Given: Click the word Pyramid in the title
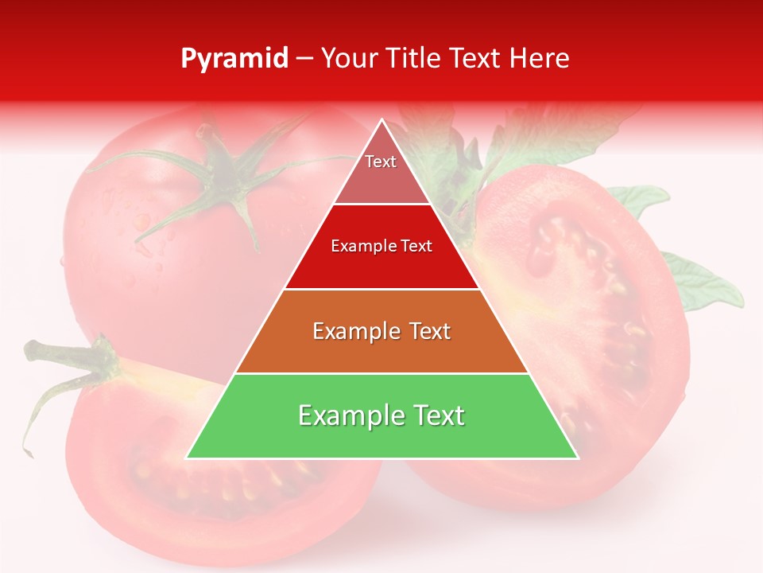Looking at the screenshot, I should coord(234,59).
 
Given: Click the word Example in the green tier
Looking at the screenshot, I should coord(344,415).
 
